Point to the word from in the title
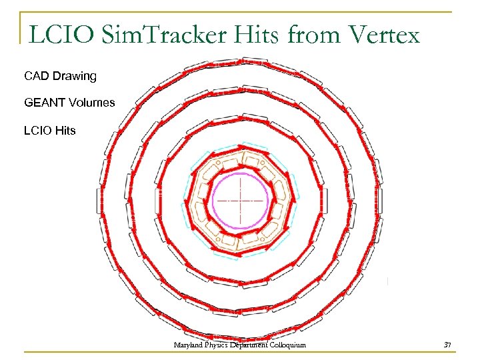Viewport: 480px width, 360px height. tap(311, 35)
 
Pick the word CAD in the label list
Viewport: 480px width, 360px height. tap(37, 76)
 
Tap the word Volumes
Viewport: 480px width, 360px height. tap(91, 103)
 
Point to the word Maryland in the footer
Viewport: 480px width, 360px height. tap(188, 345)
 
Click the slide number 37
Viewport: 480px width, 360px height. tap(447, 345)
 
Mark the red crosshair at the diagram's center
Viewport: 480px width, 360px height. tap(241, 200)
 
